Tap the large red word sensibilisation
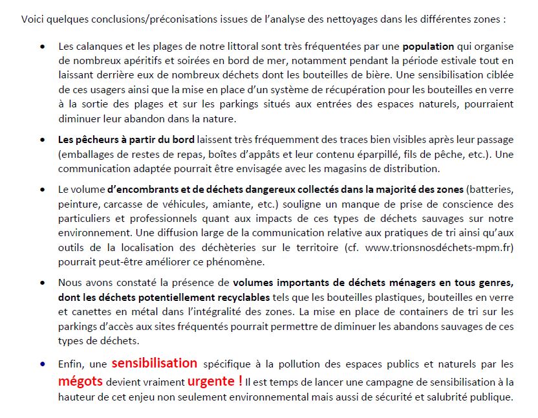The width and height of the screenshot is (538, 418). point(154,364)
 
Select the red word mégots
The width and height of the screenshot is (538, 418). point(80,381)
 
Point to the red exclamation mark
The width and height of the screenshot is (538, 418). point(241,381)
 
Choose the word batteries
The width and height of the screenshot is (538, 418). point(491,190)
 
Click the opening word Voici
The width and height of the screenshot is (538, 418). point(33,19)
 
